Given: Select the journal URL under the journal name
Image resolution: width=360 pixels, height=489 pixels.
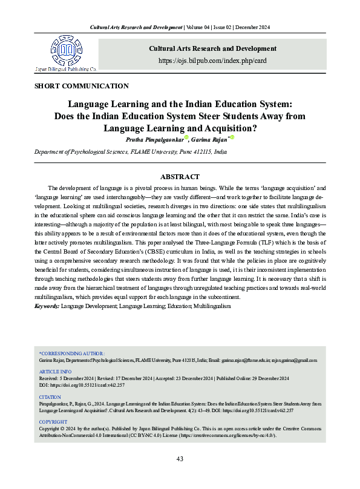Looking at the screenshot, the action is pos(212,61).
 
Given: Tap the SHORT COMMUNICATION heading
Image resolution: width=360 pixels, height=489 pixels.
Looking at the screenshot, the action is pos(82,86).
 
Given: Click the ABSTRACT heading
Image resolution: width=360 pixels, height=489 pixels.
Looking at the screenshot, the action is pos(180,177).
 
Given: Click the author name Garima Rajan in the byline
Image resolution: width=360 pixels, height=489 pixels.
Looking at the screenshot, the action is pos(206,139).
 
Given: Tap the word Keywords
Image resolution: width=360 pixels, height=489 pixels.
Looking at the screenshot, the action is pos(47,307).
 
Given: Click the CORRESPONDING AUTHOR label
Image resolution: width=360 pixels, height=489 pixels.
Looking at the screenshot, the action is pos(72,353).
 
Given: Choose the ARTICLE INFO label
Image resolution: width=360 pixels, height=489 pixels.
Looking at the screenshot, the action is pos(55,371).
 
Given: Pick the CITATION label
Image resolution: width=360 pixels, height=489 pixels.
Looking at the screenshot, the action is pos(50,396).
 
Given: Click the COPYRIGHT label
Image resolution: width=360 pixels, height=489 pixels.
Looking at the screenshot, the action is pos(53,421).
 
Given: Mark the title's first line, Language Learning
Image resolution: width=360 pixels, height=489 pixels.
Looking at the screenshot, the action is pos(180,104).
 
